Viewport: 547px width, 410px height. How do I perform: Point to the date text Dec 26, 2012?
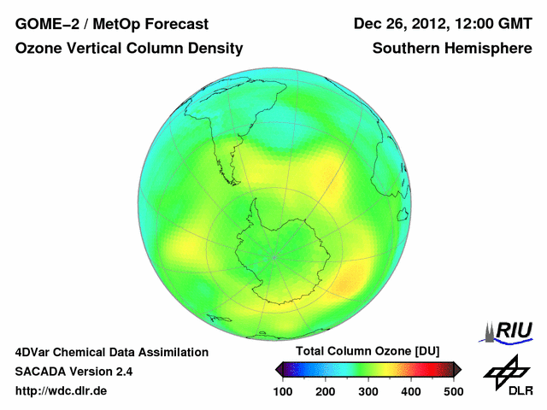coord(401,24)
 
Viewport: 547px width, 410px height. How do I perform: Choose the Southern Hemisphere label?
coord(451,49)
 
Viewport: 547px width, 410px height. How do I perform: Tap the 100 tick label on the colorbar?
coord(283,391)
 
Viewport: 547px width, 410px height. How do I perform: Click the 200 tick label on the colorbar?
coord(326,391)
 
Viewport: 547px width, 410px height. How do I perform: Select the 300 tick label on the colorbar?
coord(368,391)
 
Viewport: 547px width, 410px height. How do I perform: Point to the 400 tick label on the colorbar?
coord(410,391)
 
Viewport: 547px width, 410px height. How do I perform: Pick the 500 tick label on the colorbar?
coord(452,391)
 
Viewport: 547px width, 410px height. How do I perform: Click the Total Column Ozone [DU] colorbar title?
coord(368,352)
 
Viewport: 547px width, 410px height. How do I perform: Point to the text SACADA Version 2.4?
coord(74,372)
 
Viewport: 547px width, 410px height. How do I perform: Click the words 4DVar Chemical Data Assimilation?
coord(111,352)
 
